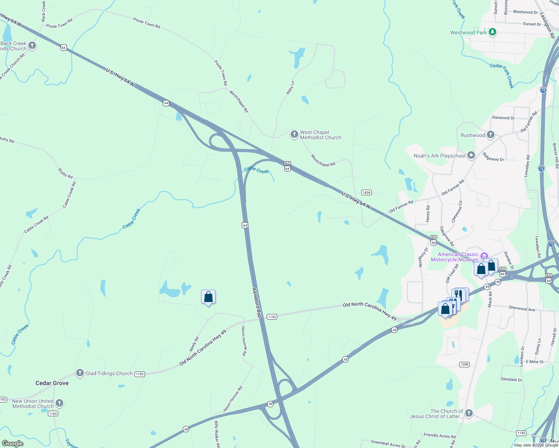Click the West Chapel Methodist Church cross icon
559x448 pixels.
pyautogui.click(x=294, y=134)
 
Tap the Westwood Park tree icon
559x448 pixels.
pyautogui.click(x=492, y=32)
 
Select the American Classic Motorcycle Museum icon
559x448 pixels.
pyautogui.click(x=484, y=256)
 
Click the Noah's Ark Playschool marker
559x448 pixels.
pyautogui.click(x=471, y=155)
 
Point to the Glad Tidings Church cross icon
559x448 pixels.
pyautogui.click(x=80, y=373)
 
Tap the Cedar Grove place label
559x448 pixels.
pyautogui.click(x=52, y=383)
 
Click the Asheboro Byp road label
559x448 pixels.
pyautogui.click(x=257, y=302)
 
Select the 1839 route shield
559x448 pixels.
pyautogui.click(x=366, y=193)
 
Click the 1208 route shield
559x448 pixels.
pyautogui.click(x=464, y=364)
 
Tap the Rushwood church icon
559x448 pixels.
pyautogui.click(x=491, y=135)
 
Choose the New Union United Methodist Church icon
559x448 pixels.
pyautogui.click(x=59, y=403)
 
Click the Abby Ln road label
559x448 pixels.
pyautogui.click(x=290, y=88)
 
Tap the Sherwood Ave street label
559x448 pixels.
pyautogui.click(x=522, y=309)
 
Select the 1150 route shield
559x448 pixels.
pyautogui.click(x=521, y=433)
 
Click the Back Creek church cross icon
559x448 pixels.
pyautogui.click(x=32, y=46)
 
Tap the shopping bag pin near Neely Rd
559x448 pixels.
pyautogui.click(x=208, y=297)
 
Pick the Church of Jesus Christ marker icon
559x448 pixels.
pyautogui.click(x=469, y=413)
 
